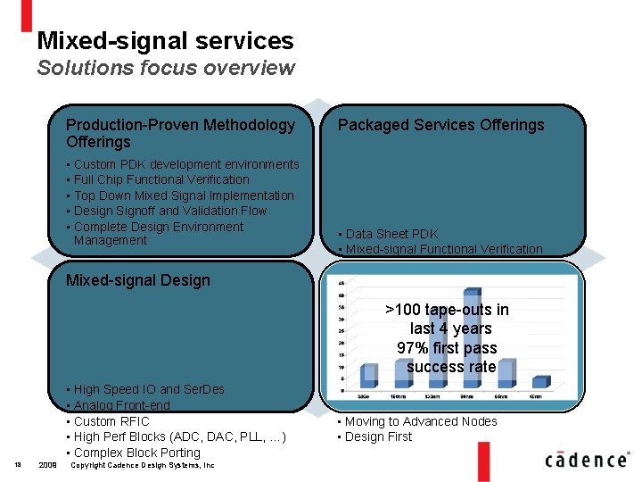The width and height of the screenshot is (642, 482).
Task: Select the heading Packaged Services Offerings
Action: point(440,125)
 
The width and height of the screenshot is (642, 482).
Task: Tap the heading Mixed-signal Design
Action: point(138,280)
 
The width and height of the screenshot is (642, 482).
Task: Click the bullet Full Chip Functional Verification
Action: point(161,179)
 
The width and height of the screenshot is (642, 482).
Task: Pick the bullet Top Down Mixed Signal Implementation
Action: point(184,195)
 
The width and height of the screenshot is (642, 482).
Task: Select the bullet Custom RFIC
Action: point(111,421)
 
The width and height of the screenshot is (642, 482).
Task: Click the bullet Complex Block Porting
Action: point(136,453)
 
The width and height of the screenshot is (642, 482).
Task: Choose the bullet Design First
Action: point(378,436)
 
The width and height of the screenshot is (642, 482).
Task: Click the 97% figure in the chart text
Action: point(415,348)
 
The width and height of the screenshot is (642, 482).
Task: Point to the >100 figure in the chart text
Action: point(403,310)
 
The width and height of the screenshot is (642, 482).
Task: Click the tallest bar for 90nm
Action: point(471,340)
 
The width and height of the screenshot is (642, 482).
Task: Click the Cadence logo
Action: point(585,459)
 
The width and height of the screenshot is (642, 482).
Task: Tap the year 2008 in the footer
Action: point(48,465)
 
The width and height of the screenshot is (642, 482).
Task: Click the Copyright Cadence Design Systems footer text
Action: point(142,465)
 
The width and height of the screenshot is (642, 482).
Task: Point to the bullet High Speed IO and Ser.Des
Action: point(149,389)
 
